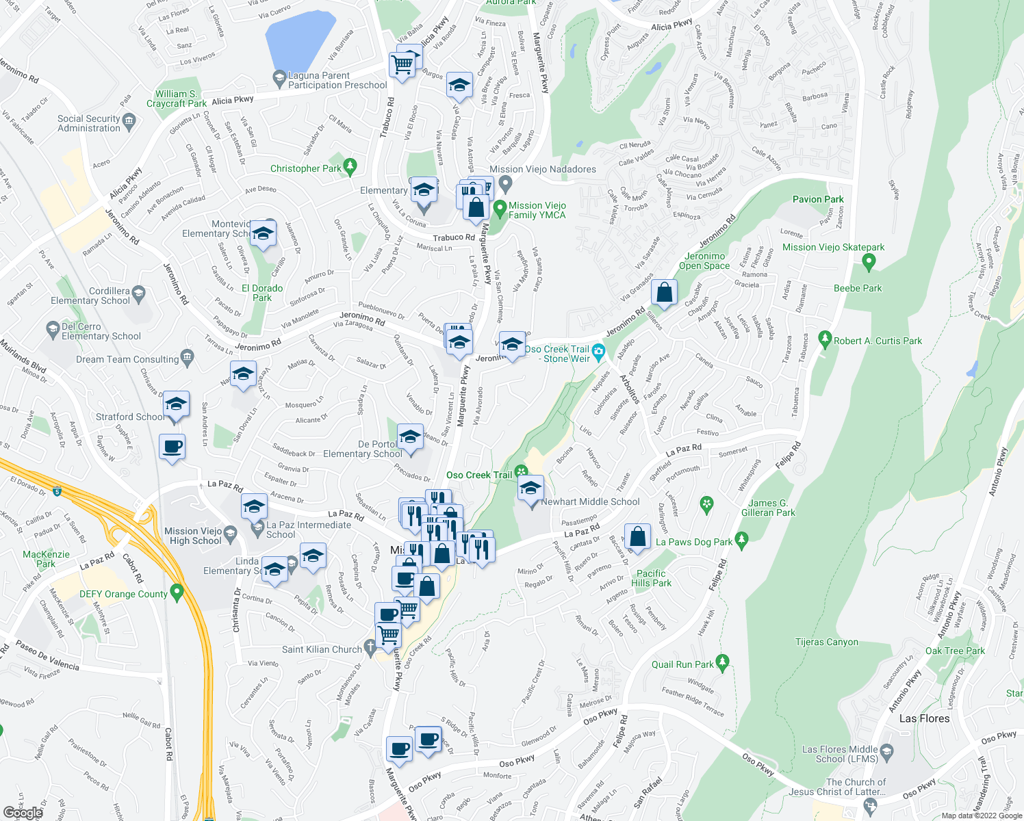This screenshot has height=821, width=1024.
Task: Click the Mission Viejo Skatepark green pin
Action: pyautogui.click(x=869, y=261)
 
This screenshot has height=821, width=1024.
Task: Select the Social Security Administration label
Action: pyautogui.click(x=88, y=123)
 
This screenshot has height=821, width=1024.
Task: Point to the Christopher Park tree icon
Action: pyautogui.click(x=350, y=166)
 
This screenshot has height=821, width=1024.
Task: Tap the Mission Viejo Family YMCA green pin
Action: pyautogui.click(x=500, y=207)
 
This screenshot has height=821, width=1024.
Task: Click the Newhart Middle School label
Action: pyautogui.click(x=590, y=501)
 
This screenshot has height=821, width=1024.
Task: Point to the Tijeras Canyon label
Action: pyautogui.click(x=826, y=642)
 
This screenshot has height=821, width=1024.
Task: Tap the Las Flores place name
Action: pyautogui.click(x=924, y=718)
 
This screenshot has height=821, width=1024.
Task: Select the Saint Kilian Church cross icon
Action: pyautogui.click(x=370, y=647)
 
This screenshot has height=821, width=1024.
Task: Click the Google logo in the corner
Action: pyautogui.click(x=23, y=813)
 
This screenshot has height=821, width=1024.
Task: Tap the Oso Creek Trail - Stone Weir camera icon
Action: pyautogui.click(x=599, y=352)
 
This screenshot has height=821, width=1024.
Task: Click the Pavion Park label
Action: pyautogui.click(x=818, y=199)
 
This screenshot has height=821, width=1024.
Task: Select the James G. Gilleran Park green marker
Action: pyautogui.click(x=706, y=505)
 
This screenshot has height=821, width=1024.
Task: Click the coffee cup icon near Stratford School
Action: pyautogui.click(x=172, y=447)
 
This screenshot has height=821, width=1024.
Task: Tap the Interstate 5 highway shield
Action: pyautogui.click(x=57, y=491)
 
